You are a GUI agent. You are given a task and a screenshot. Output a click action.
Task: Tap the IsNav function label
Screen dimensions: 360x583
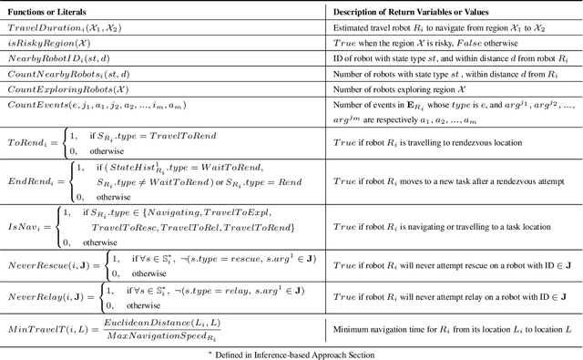22,225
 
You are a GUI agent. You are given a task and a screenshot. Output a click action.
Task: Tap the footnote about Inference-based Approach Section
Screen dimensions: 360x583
291,352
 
